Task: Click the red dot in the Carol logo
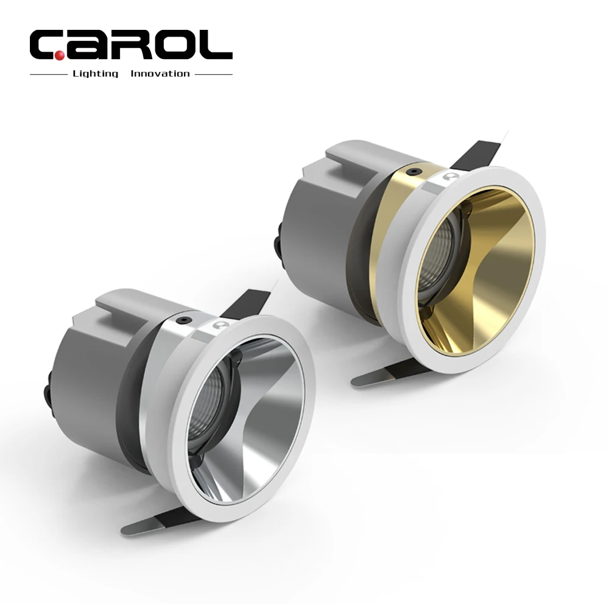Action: point(60,56)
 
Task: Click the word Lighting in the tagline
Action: point(95,74)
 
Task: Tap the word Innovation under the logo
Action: point(160,74)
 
